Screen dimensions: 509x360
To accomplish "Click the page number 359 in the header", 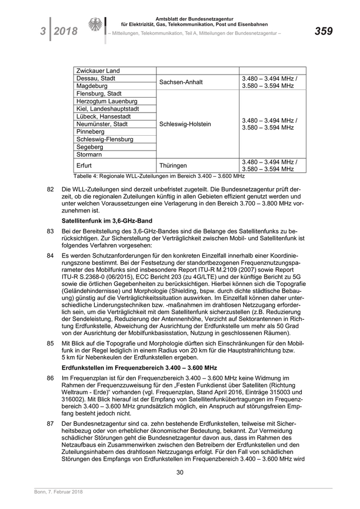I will point(323,31).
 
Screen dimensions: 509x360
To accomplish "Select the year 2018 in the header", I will point(65,32).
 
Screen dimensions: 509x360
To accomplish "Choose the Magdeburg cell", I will point(92,86).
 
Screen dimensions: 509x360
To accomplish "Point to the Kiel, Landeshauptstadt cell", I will point(107,109).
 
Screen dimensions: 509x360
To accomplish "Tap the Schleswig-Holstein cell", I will point(185,124).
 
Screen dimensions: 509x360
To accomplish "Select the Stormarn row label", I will point(89,154).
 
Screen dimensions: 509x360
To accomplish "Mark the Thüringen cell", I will point(173,166).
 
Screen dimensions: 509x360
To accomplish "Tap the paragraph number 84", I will point(50,256).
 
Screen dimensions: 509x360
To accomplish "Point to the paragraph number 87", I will point(50,423).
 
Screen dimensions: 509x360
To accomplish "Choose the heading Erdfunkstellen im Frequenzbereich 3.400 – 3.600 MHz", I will point(139,368).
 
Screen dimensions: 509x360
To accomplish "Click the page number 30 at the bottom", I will point(180,472).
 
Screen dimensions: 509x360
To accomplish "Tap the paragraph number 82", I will point(50,189).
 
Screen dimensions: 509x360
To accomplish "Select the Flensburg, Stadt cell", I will point(99,94).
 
